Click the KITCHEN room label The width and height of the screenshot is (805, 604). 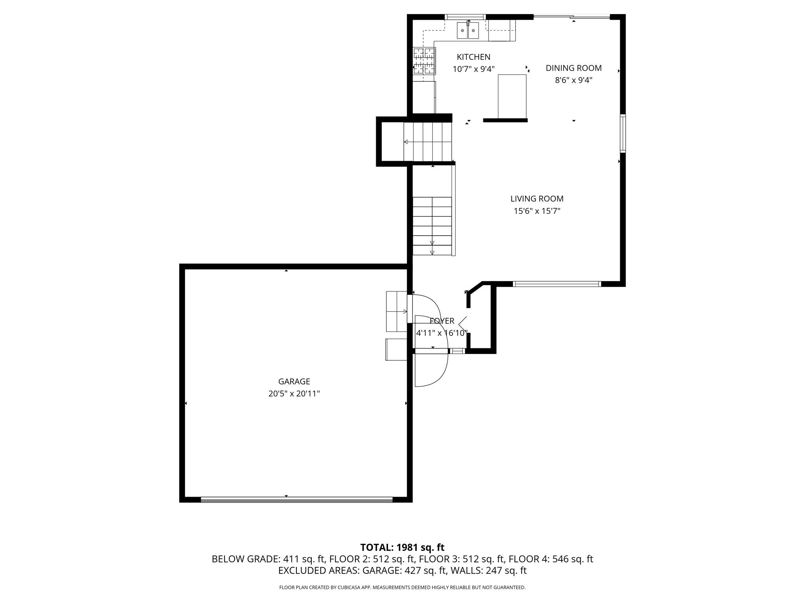click(x=473, y=57)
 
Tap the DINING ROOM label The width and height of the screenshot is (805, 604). click(x=573, y=68)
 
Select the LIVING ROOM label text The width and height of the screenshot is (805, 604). click(x=537, y=199)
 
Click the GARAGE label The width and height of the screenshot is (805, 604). click(x=294, y=381)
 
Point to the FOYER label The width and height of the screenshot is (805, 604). click(x=442, y=321)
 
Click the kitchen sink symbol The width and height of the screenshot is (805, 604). click(x=468, y=31)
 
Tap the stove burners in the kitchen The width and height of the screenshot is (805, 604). click(x=424, y=61)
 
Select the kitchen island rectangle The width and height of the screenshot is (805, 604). click(x=512, y=96)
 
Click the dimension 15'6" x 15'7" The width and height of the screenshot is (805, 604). click(x=537, y=211)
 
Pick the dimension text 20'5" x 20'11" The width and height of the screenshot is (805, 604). click(x=294, y=394)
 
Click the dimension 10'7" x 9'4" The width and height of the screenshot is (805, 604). click(x=473, y=69)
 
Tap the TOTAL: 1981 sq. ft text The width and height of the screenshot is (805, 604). click(x=402, y=547)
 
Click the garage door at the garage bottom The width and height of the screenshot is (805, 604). click(x=296, y=499)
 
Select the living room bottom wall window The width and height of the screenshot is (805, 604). click(x=557, y=284)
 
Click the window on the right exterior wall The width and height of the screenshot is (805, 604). click(x=623, y=133)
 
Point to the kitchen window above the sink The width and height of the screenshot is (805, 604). click(x=465, y=17)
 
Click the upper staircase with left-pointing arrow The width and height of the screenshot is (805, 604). click(x=428, y=142)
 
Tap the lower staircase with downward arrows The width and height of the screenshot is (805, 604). click(x=432, y=226)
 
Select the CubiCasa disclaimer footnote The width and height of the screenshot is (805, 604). click(x=402, y=587)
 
